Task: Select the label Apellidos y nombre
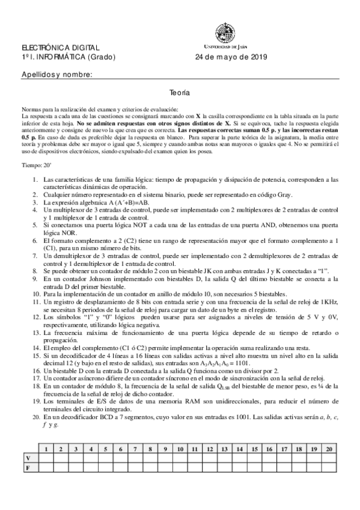pyautogui.click(x=56, y=74)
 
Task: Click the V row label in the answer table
pyautogui.click(x=27, y=458)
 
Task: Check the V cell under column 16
pyautogui.click(x=269, y=458)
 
